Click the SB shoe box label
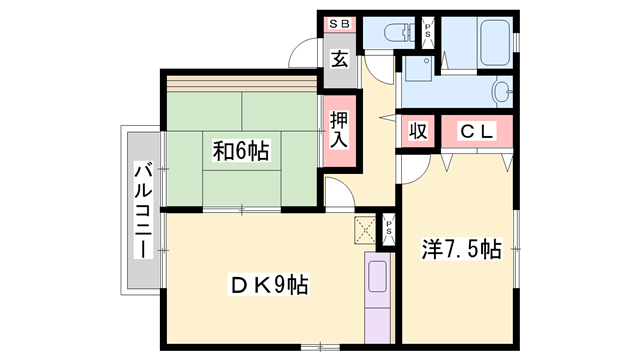tap(339, 24)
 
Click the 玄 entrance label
tap(340, 60)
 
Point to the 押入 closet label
tap(339, 130)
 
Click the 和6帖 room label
tap(241, 151)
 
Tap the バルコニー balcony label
tap(143, 210)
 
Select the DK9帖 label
tap(269, 284)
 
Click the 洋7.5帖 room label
tap(462, 249)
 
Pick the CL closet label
tap(477, 131)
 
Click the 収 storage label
tap(418, 131)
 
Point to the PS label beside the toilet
tap(428, 31)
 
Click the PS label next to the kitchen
tap(389, 229)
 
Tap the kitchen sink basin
tap(378, 276)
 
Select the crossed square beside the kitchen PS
tap(365, 229)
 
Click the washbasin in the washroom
tap(502, 92)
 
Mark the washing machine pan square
tap(418, 69)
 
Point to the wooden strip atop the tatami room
tap(241, 83)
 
